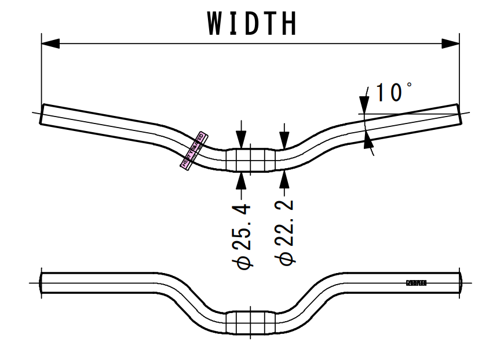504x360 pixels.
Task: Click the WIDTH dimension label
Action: tap(253, 24)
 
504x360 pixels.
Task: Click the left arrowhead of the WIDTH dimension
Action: tap(50, 43)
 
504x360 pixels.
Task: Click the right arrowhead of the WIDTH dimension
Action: tap(450, 43)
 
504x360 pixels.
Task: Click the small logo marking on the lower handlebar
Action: tap(416, 283)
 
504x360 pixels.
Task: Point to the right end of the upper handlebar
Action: tap(460, 114)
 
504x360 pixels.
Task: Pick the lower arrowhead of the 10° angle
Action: tap(367, 140)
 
